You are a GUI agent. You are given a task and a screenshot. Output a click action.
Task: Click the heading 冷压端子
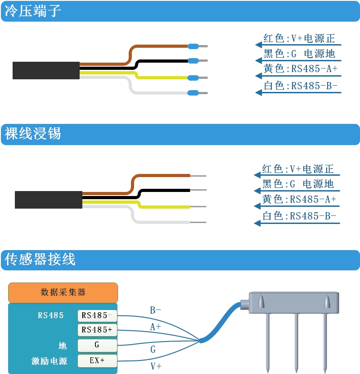tap(32, 11)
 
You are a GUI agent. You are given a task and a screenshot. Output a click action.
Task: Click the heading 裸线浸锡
tap(32, 134)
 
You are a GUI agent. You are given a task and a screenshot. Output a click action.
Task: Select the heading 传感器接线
tap(40, 259)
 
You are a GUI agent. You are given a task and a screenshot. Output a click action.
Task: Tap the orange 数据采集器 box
tap(63, 292)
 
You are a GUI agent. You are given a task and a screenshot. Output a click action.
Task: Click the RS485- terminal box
tap(97, 315)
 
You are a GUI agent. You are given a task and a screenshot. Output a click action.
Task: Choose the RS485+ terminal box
tap(97, 330)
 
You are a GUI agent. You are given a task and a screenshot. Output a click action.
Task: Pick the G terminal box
tap(97, 345)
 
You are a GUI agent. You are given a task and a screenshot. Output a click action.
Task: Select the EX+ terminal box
tap(97, 360)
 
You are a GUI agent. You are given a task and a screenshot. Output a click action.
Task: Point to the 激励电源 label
tap(49, 361)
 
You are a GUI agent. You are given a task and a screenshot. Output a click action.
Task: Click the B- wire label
tap(155, 310)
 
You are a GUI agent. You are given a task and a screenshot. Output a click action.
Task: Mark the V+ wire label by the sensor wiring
tap(156, 366)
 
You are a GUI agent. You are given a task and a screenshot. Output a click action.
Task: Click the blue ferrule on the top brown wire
tap(193, 46)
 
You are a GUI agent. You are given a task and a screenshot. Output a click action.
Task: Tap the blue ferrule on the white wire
tap(193, 93)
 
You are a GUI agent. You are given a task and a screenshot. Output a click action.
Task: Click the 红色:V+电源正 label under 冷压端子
tap(299, 39)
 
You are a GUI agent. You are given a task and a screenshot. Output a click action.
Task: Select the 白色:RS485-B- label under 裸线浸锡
tap(299, 216)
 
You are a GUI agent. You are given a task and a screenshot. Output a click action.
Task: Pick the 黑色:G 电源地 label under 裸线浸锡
tap(298, 184)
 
